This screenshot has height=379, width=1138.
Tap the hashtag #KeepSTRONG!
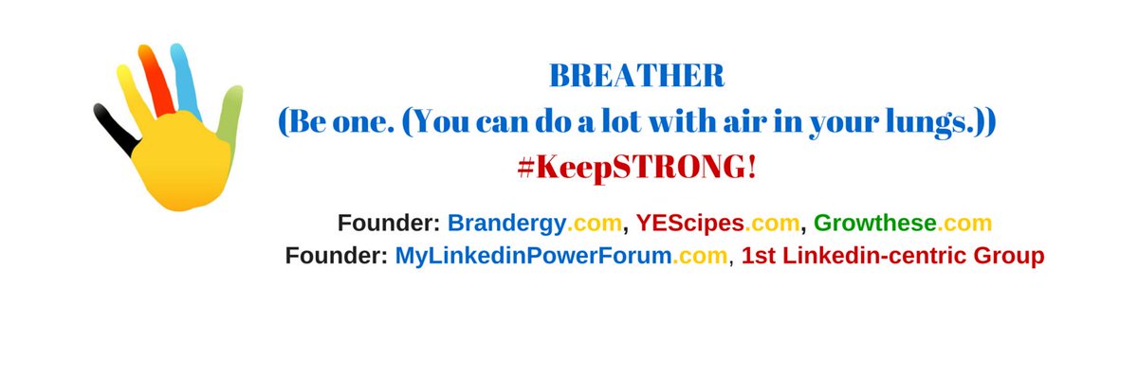coord(636,167)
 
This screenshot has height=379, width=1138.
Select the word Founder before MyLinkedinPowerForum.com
coord(336,256)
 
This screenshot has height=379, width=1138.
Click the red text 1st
coord(762,256)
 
